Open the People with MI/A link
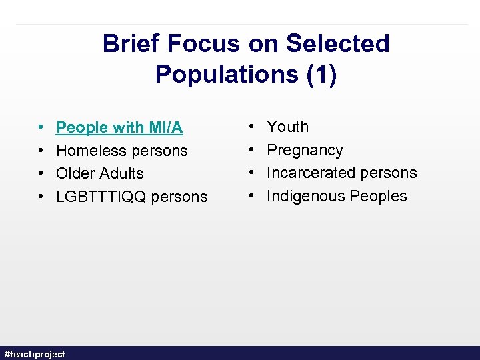[119, 127]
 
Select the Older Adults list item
[99, 173]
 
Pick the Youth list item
[287, 127]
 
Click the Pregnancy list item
[305, 150]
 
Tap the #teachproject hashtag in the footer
[35, 354]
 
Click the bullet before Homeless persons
[41, 151]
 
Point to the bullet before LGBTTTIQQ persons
[41, 197]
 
